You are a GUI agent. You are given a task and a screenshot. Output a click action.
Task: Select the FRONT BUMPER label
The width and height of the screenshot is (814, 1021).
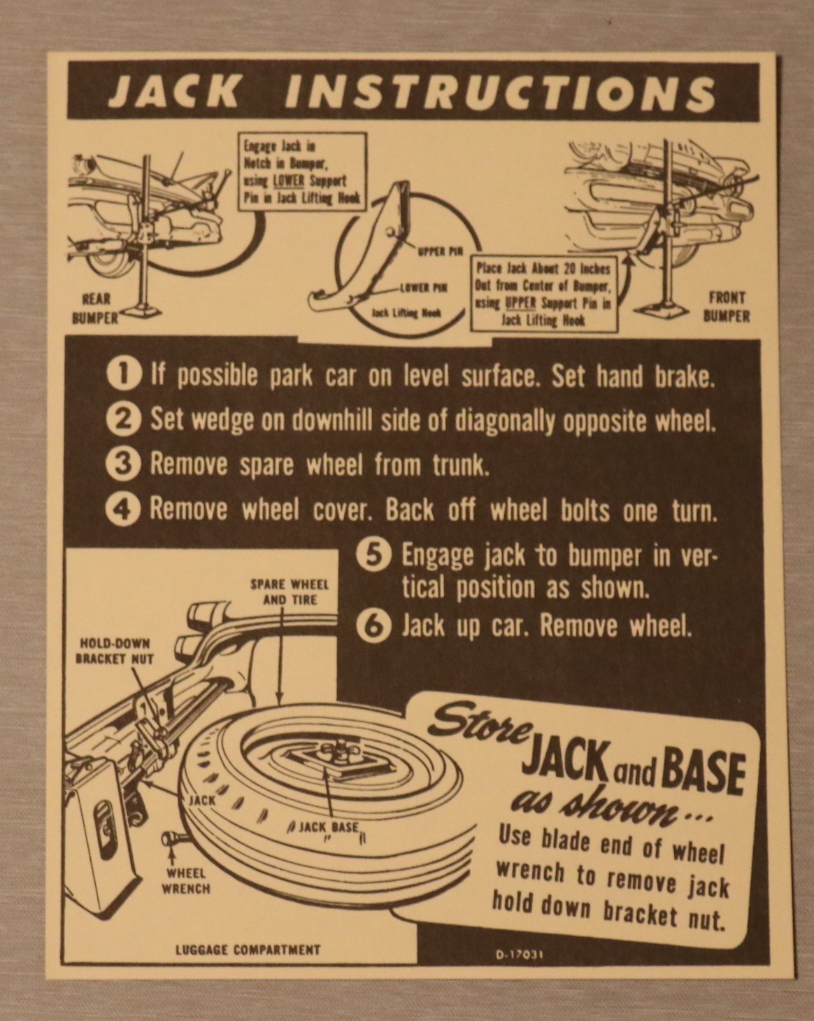(x=727, y=307)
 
